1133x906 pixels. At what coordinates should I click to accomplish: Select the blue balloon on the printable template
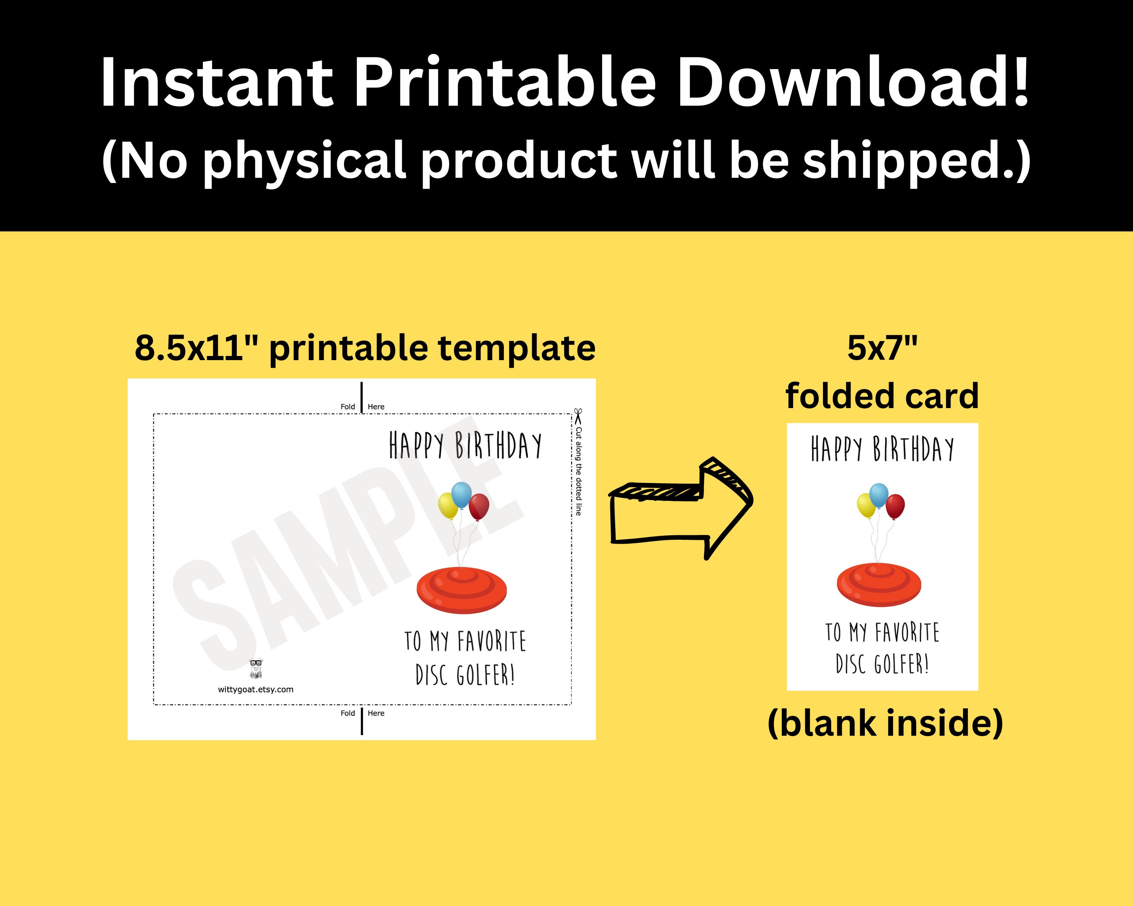[x=462, y=495]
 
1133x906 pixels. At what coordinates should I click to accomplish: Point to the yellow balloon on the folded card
[x=866, y=505]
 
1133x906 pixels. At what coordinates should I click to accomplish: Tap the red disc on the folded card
[x=879, y=584]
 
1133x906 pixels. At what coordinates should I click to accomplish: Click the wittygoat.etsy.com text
[x=256, y=690]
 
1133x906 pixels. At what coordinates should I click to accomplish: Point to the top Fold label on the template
[x=347, y=407]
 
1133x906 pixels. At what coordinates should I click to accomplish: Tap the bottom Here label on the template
[x=376, y=713]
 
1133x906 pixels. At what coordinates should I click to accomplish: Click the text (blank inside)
[x=886, y=723]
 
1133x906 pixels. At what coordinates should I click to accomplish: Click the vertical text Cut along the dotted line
[x=579, y=471]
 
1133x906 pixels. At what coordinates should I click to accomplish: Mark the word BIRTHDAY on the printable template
[x=498, y=445]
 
